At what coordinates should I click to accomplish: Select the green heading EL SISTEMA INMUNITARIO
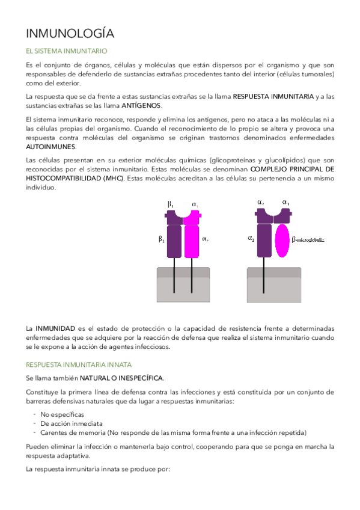[67, 52]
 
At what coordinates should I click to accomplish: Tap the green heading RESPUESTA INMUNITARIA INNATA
[79, 364]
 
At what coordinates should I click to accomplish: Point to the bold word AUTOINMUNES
[51, 146]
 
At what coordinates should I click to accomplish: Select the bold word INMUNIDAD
[55, 329]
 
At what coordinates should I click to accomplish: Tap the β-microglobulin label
[308, 240]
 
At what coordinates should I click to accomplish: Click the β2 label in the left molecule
[162, 239]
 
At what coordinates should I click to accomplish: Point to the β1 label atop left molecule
[170, 204]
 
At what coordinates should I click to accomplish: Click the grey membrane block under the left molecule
[183, 285]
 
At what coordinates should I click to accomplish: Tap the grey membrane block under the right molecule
[273, 285]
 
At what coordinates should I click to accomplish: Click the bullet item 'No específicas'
[62, 415]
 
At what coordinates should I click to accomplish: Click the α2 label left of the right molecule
[251, 238]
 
